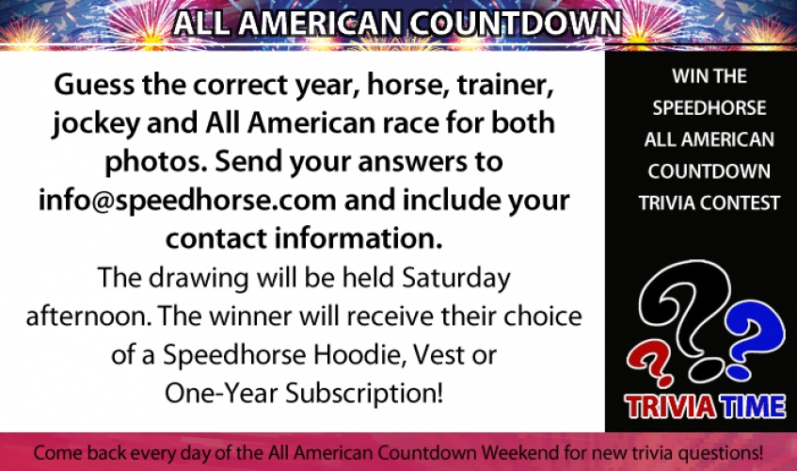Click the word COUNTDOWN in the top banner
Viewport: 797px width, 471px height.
(x=516, y=23)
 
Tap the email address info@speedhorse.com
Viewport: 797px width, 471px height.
(x=187, y=201)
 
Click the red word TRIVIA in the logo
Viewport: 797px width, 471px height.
(x=671, y=407)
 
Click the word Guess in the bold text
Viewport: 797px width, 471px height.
(x=94, y=85)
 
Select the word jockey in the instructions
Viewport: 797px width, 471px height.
(x=96, y=124)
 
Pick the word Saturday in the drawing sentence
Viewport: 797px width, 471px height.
(x=456, y=279)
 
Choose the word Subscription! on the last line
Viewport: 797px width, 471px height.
(x=364, y=394)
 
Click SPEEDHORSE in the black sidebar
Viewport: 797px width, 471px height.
(x=709, y=107)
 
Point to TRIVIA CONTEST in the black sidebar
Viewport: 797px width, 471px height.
(x=709, y=203)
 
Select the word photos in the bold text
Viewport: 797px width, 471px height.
(x=155, y=163)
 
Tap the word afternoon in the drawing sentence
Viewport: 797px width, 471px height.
(x=89, y=317)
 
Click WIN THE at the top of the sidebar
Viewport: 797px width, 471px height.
(x=709, y=76)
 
